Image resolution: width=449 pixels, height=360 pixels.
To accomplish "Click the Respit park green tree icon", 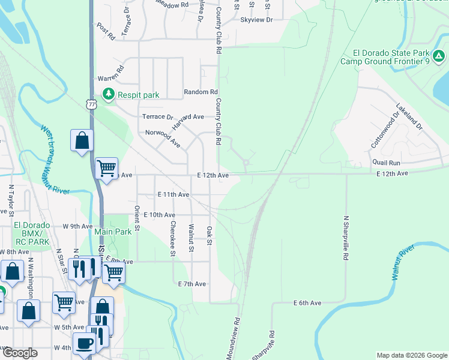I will point(108,94).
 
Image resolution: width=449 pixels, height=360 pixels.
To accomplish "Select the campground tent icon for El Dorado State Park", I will point(439,56).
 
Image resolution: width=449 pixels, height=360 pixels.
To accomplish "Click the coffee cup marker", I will point(84,343).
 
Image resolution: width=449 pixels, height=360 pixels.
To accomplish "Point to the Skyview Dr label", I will point(256,20).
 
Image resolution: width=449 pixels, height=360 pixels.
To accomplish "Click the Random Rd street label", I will point(200,92).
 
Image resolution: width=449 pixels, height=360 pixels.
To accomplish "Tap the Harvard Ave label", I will point(188,116).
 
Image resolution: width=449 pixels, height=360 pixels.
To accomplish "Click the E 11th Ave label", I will point(173,194).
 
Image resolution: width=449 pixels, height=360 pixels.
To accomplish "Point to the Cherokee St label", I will point(172,238).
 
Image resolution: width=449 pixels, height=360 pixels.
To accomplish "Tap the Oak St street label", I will point(209,235).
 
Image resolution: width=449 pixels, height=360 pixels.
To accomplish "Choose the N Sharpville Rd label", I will point(346,238).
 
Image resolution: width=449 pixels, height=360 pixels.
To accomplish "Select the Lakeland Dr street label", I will point(409,117).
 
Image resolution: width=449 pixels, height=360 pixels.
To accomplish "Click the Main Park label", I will point(113,232).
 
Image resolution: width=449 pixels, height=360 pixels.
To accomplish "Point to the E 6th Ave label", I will point(309,304).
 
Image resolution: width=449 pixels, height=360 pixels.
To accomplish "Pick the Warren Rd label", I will point(110,78).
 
